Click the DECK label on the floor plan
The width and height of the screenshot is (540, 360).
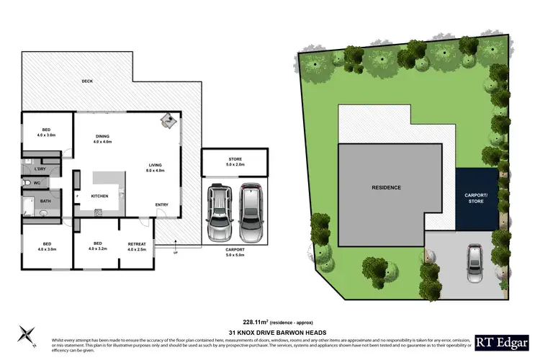[x=88, y=81]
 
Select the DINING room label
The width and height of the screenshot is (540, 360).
[x=102, y=137]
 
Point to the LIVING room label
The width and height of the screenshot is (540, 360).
[x=156, y=166]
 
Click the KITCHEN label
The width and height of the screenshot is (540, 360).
[x=99, y=195]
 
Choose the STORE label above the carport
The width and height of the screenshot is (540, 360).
[x=235, y=160]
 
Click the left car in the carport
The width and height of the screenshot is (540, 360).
[x=219, y=213]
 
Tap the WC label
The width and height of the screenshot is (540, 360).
[x=37, y=183]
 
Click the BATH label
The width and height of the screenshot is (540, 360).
[x=45, y=202]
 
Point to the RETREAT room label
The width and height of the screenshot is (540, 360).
[x=137, y=244]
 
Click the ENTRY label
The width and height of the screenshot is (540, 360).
[x=162, y=205]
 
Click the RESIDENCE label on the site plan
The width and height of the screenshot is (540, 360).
[x=386, y=187]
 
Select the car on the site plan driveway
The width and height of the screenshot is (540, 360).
[x=474, y=264]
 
